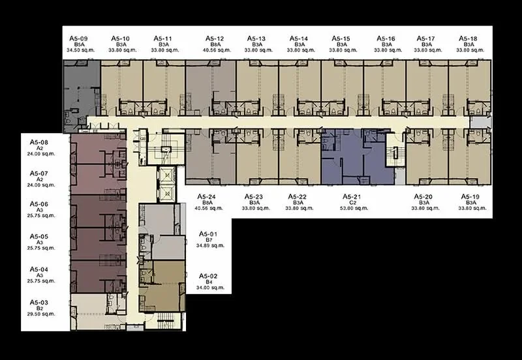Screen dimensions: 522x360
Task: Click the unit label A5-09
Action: click(78, 38)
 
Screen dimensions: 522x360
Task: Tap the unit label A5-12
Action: click(215, 38)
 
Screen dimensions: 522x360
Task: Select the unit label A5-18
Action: click(468, 38)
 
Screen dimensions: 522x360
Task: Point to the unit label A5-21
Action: click(352, 197)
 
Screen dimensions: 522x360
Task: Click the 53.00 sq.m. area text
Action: click(354, 208)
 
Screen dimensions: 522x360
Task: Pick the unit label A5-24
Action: click(206, 197)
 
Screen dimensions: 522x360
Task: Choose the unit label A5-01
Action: click(208, 234)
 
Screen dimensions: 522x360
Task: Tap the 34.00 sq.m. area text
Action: click(210, 288)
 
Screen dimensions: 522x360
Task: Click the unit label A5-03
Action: click(39, 303)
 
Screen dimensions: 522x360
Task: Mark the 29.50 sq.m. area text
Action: click(41, 314)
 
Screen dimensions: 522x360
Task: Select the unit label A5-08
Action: click(39, 142)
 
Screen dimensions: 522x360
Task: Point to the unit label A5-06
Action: click(39, 204)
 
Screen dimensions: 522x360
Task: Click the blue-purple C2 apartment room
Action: click(357, 157)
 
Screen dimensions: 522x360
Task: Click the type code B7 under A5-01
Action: click(209, 240)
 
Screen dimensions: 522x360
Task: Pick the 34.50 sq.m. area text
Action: click(80, 50)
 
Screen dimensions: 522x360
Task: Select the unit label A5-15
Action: click(341, 38)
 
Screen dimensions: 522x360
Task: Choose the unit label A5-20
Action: click(423, 197)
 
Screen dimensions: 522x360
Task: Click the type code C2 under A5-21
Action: click(353, 203)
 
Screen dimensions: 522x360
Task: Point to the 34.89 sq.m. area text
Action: click(210, 246)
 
